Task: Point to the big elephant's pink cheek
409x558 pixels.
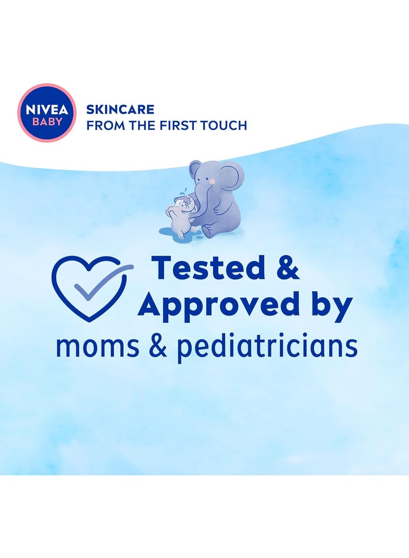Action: pos(211,182)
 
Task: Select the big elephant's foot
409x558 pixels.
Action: pos(207,232)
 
